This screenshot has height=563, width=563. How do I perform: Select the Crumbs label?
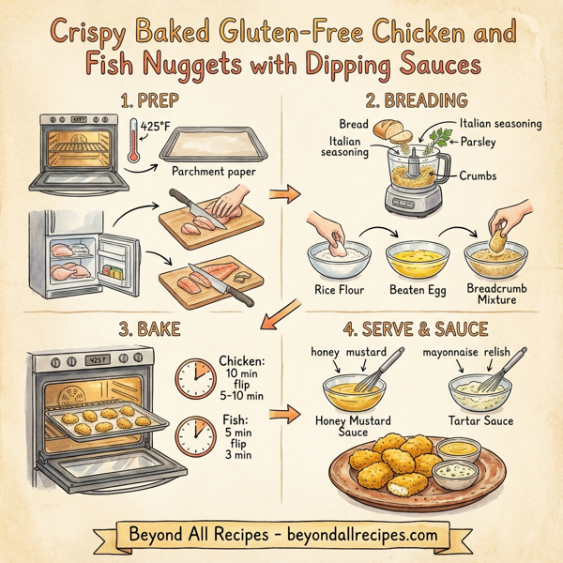[479, 175]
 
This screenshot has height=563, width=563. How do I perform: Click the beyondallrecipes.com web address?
[358, 534]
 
